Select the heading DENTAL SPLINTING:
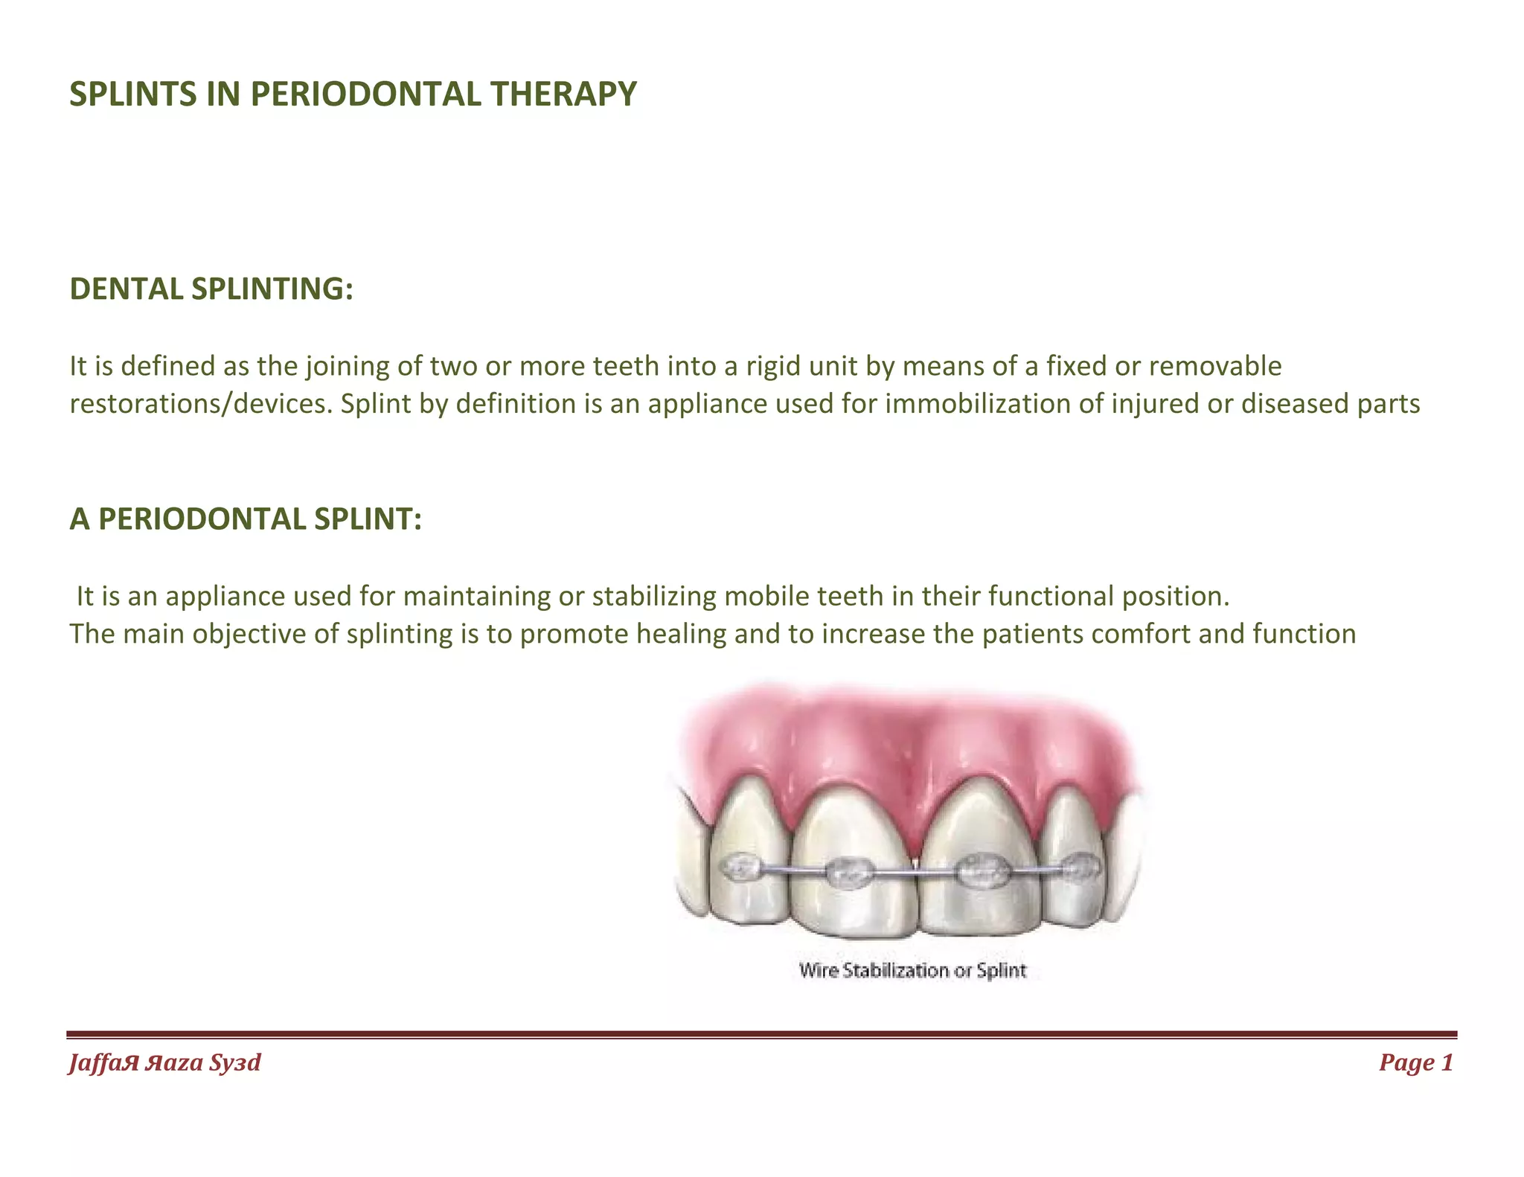(x=211, y=289)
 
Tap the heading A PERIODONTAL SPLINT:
(x=246, y=519)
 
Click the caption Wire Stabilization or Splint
(x=913, y=970)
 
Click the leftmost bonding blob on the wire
(x=741, y=867)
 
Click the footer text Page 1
(x=1415, y=1062)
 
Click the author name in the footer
(x=165, y=1062)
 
